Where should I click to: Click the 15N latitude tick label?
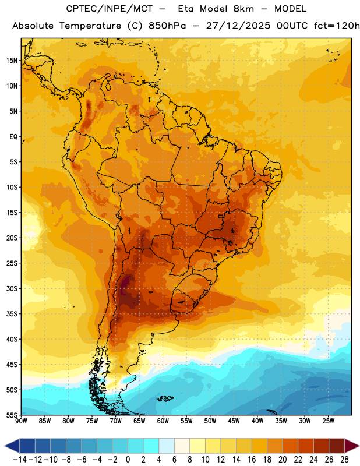pyautogui.click(x=12, y=61)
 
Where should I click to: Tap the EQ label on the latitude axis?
pyautogui.click(x=13, y=137)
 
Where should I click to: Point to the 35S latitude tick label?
pyautogui.click(x=12, y=314)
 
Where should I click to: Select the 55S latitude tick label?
pyautogui.click(x=12, y=415)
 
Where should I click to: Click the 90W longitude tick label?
pyautogui.click(x=21, y=421)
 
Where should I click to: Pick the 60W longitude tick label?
pyautogui.click(x=163, y=421)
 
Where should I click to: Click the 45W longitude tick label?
pyautogui.click(x=234, y=421)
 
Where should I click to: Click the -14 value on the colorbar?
pyautogui.click(x=20, y=460)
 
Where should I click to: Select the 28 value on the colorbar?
pyautogui.click(x=344, y=460)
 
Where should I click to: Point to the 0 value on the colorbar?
pyautogui.click(x=128, y=460)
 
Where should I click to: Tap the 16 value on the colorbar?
pyautogui.click(x=252, y=460)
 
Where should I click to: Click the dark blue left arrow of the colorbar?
pyautogui.click(x=12, y=446)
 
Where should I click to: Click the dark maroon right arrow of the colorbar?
pyautogui.click(x=352, y=446)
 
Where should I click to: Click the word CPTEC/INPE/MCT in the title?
pyautogui.click(x=110, y=9)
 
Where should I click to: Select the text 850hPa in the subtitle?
pyautogui.click(x=167, y=26)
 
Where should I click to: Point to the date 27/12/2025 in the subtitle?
pyautogui.click(x=238, y=26)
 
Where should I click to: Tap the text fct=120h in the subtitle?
pyautogui.click(x=337, y=26)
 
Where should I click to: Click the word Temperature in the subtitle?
pyautogui.click(x=90, y=26)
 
